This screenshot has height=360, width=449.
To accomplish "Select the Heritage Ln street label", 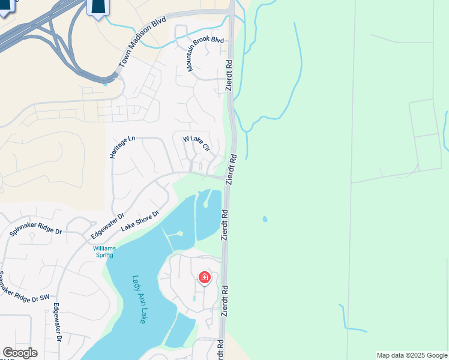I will (122, 147).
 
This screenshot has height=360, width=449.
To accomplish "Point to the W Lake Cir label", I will (197, 143).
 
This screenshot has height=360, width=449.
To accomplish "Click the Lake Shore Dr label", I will (140, 221).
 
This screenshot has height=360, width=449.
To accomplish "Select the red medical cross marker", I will (205, 277).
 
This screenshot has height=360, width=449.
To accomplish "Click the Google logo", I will (20, 352).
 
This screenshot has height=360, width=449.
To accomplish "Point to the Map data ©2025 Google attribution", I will (412, 355).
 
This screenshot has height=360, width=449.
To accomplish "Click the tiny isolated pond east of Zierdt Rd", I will (265, 219).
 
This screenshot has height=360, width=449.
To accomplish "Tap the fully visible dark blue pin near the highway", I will (98, 7).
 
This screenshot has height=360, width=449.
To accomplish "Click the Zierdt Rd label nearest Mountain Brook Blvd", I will (229, 75).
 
